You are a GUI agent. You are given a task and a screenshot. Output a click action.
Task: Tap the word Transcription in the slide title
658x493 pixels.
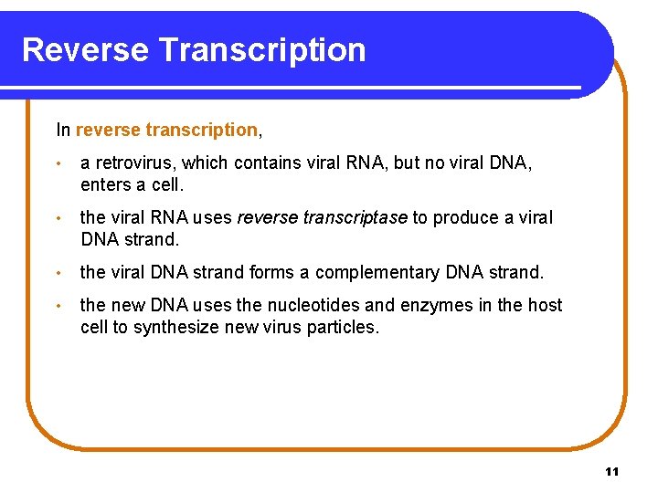click(260, 49)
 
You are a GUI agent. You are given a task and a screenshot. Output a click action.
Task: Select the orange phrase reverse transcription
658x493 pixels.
click(166, 130)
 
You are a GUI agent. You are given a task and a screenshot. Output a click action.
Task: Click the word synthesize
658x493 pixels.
click(175, 327)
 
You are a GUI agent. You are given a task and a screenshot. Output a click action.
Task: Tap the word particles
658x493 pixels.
click(344, 327)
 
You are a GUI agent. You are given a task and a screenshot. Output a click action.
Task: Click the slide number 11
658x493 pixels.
click(611, 471)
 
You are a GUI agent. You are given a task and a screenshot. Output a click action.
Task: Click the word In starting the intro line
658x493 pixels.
click(63, 130)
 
